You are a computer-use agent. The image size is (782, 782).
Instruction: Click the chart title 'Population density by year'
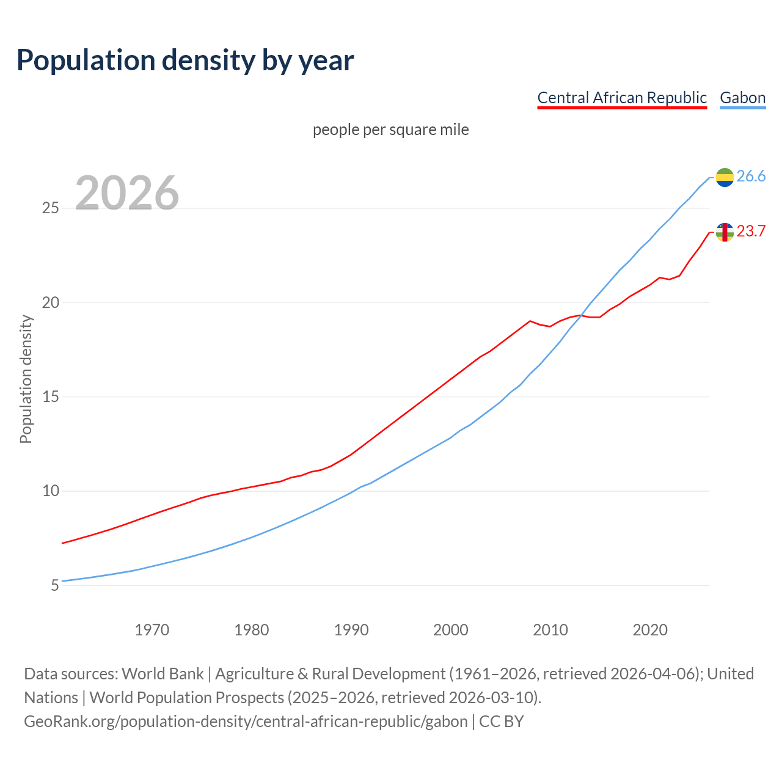point(185,60)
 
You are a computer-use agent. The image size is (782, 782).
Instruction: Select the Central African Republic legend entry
point(621,98)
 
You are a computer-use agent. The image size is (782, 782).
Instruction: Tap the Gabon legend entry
point(742,98)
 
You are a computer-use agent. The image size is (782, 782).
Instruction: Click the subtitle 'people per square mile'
point(390,130)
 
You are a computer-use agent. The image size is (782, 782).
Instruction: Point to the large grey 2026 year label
point(127,193)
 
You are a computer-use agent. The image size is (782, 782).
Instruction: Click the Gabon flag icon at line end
point(725,177)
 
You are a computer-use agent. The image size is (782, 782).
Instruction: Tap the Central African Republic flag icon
point(725,232)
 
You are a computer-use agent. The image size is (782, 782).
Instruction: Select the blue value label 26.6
point(751,177)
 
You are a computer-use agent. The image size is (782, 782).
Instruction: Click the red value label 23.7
point(751,232)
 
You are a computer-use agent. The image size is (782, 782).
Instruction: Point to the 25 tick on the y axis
point(50,208)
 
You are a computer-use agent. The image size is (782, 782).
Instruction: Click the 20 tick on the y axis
point(50,303)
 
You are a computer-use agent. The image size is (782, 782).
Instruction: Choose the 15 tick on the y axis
point(50,397)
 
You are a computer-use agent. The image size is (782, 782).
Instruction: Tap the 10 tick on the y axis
point(50,491)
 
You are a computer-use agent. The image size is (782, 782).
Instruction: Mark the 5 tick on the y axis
point(54,586)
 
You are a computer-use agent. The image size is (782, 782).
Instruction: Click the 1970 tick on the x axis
point(152,630)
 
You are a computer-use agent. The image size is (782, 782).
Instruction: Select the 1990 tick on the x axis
point(351,630)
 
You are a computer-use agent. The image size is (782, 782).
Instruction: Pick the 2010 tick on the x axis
point(550,630)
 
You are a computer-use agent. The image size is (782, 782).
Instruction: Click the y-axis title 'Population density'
point(26,379)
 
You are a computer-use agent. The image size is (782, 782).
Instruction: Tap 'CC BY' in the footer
point(501,722)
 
